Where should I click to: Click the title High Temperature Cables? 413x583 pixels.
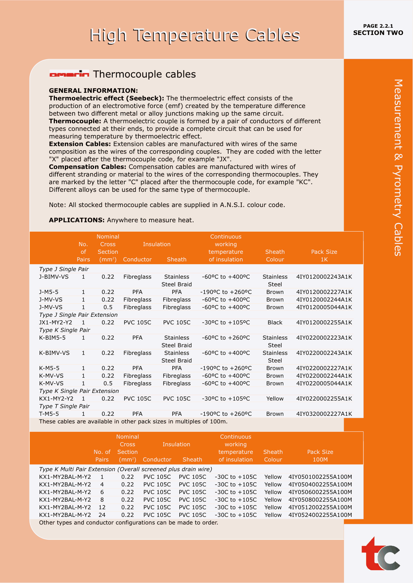(195, 35)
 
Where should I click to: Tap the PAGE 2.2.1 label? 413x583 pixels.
(378, 26)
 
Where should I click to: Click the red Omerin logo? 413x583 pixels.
(69, 74)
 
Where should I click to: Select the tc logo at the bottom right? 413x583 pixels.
(380, 555)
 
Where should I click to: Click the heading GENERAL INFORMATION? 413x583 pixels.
(93, 91)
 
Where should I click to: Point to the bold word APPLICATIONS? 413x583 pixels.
(77, 220)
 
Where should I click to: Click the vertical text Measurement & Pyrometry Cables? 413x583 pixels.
(398, 168)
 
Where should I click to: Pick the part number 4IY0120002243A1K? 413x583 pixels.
(324, 277)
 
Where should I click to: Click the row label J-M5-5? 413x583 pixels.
(49, 292)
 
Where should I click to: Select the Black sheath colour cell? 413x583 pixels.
(275, 323)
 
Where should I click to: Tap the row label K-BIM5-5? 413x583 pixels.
(52, 338)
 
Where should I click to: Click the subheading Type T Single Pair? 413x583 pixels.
(64, 406)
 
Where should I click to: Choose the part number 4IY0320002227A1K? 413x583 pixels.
(324, 414)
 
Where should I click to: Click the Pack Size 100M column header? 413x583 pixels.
(320, 456)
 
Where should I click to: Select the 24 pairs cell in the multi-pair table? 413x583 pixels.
(102, 515)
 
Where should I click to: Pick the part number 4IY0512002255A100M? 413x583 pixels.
(320, 508)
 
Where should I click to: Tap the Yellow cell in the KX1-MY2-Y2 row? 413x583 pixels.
(275, 399)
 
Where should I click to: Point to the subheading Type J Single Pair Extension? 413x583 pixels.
(78, 315)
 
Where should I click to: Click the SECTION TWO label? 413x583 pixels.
(378, 33)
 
